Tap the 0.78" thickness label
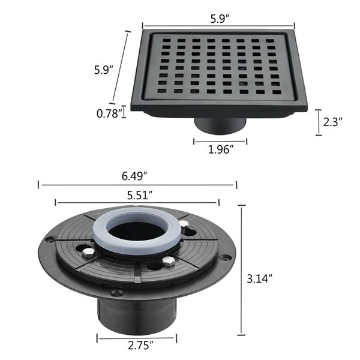pos(110,112)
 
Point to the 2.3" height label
pos(332,122)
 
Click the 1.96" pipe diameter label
pos(220,150)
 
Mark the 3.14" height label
pos(260,278)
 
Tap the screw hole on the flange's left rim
pos(50,239)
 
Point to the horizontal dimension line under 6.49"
pos(137,185)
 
